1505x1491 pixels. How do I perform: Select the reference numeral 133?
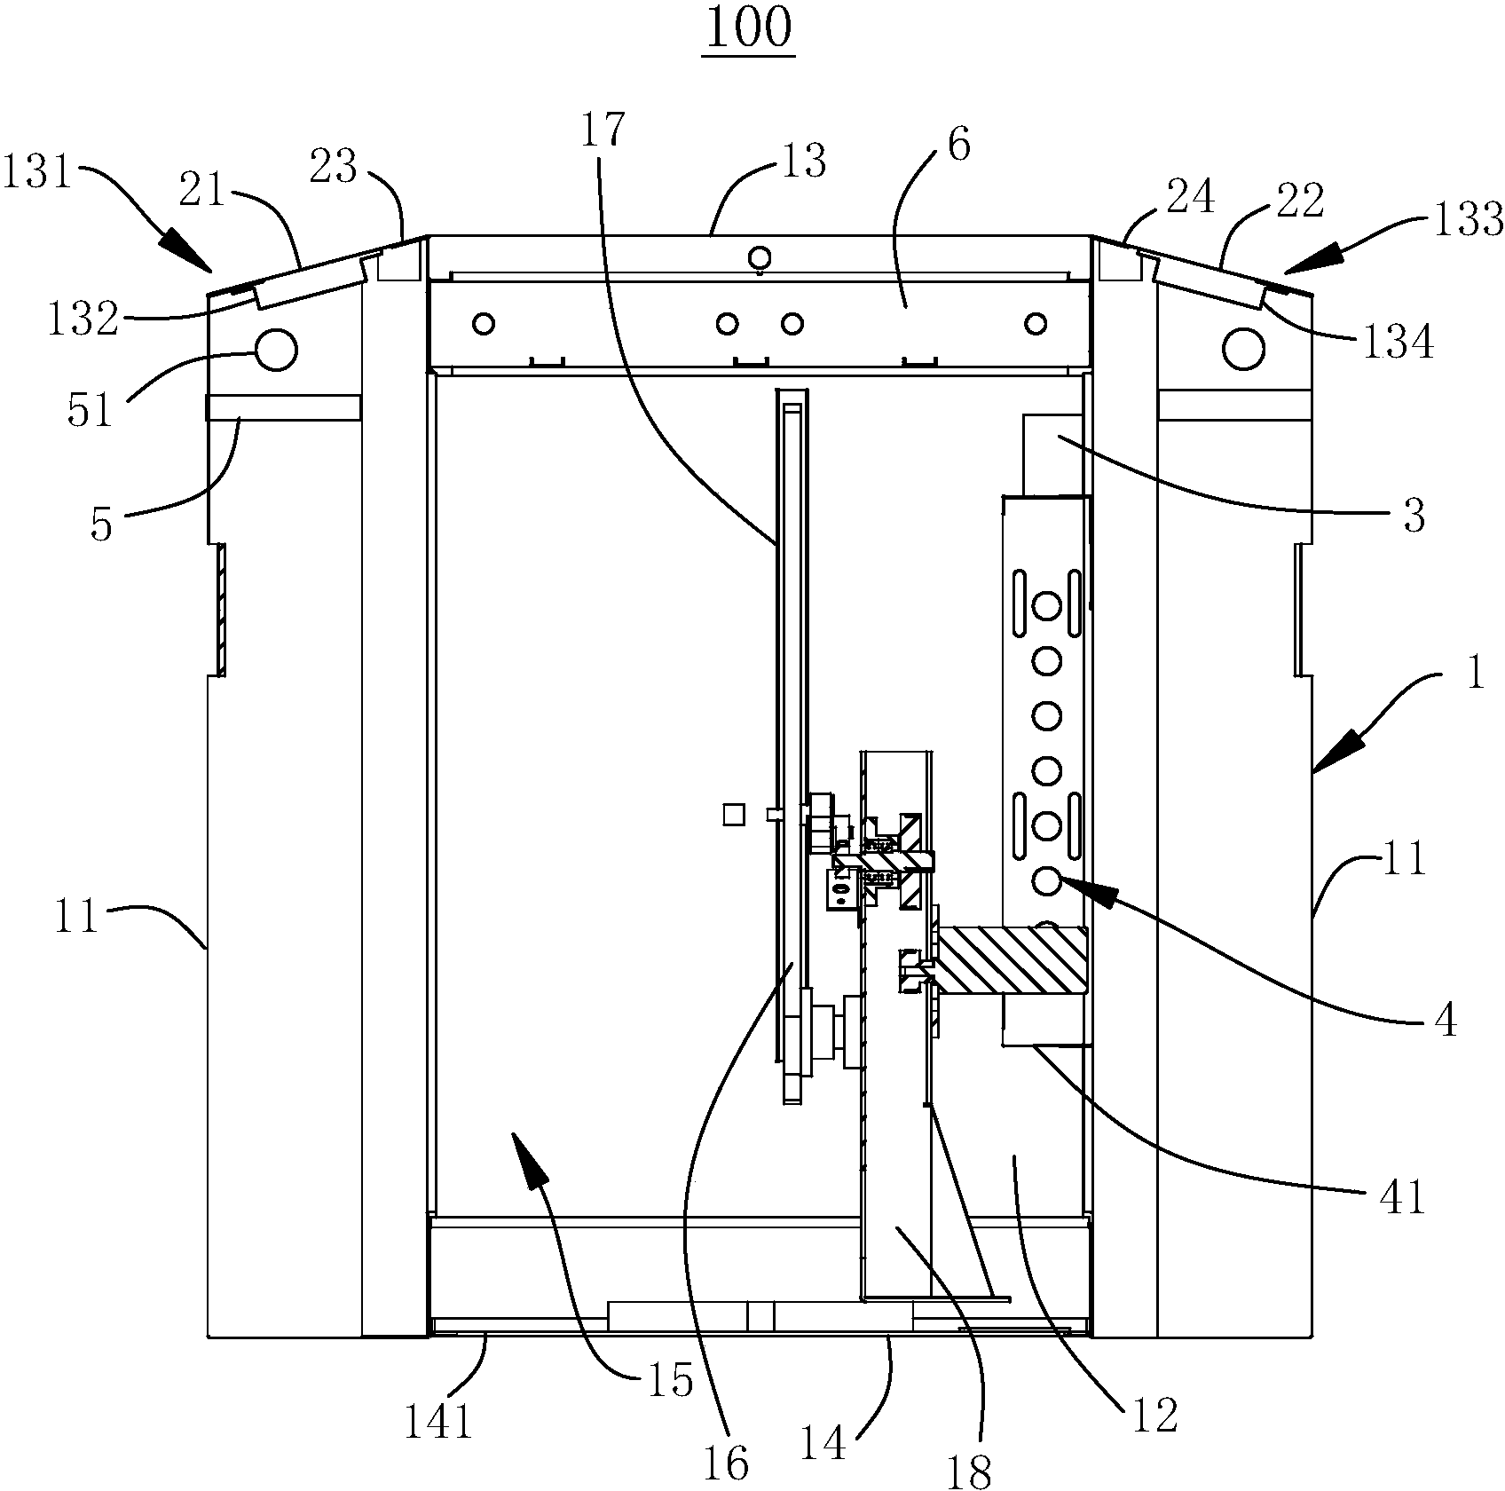(x=1469, y=218)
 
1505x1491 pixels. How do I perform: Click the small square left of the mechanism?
(x=733, y=814)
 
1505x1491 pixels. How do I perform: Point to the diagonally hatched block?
(x=1012, y=960)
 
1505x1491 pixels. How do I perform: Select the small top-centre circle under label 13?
(x=760, y=258)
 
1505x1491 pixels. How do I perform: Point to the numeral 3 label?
(x=1414, y=515)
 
